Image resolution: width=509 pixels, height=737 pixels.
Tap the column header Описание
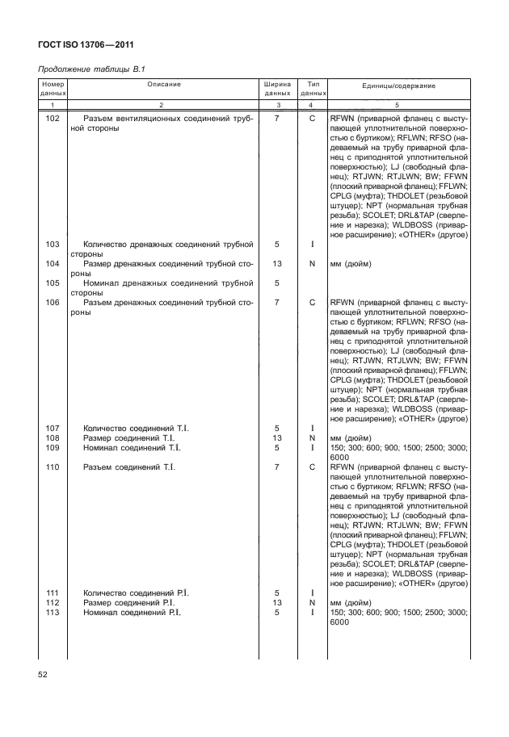tap(164, 85)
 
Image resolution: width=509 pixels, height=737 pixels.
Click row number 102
tap(53, 118)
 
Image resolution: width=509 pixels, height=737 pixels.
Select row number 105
tap(53, 283)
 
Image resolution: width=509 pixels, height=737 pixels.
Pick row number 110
tap(53, 467)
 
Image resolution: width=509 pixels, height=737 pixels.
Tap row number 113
tap(53, 613)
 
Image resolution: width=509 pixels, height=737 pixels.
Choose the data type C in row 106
tap(311, 302)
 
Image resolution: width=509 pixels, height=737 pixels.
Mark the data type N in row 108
tap(311, 438)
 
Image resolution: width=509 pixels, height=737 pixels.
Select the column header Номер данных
tap(53, 89)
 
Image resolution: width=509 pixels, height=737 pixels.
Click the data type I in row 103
tap(311, 244)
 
